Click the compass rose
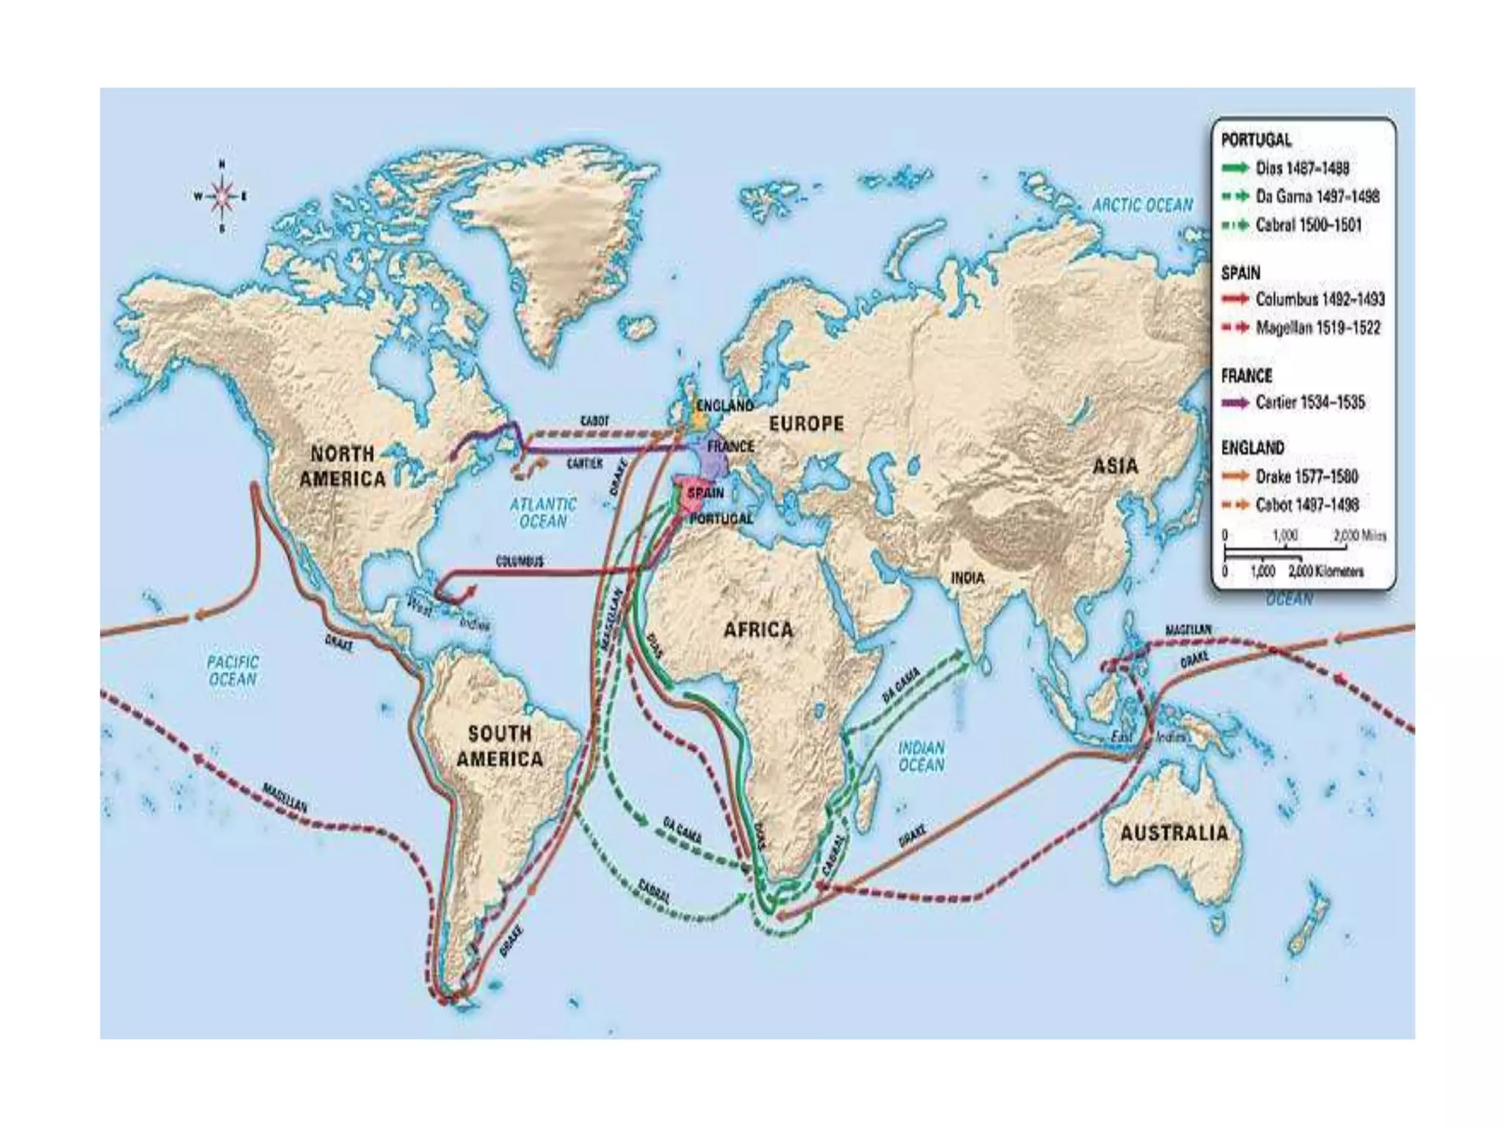(x=221, y=196)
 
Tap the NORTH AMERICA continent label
(x=343, y=466)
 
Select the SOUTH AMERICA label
(x=500, y=745)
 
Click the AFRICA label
(x=758, y=630)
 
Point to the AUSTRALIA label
(x=1173, y=833)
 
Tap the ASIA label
(x=1116, y=465)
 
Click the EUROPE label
(x=806, y=423)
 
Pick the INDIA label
(x=967, y=578)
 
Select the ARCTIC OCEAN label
(x=1143, y=205)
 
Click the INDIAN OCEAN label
(x=922, y=756)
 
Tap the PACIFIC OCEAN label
(x=233, y=671)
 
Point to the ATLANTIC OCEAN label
(x=543, y=512)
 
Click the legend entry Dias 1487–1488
(x=1301, y=168)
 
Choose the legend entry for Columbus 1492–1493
(x=1319, y=299)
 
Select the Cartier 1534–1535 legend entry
(x=1309, y=402)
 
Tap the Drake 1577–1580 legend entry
(x=1306, y=476)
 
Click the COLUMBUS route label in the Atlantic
(x=520, y=561)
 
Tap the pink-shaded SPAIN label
(x=705, y=492)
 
